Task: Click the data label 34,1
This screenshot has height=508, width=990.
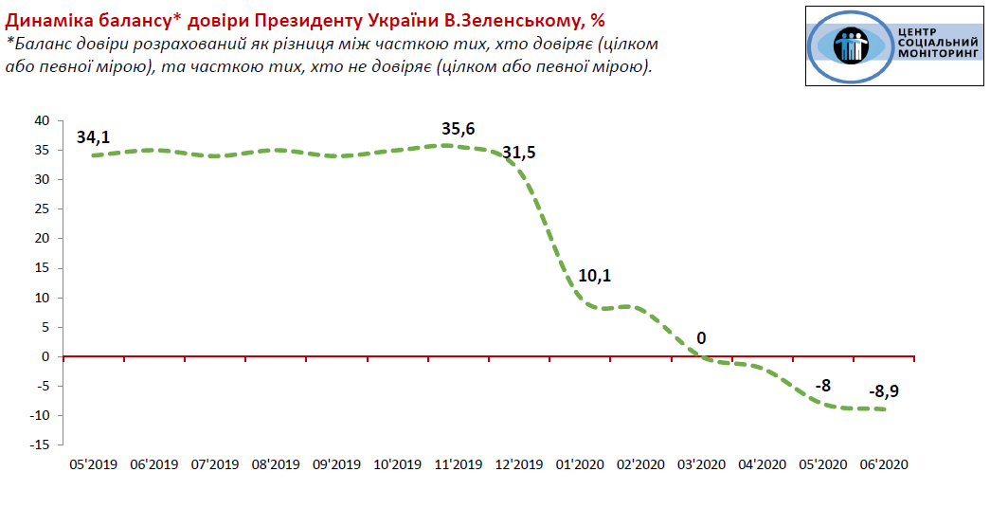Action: (93, 137)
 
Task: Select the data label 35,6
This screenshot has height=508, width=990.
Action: (458, 129)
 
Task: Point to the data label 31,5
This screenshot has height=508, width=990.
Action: (519, 153)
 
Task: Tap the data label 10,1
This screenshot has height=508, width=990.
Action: (595, 277)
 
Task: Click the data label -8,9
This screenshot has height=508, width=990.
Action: (885, 391)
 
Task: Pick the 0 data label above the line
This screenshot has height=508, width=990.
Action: (701, 338)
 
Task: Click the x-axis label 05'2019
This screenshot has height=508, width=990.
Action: (93, 464)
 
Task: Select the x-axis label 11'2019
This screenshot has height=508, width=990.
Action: (458, 464)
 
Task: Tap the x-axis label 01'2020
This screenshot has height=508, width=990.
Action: (580, 464)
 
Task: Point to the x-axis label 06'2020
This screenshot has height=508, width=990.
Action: (884, 464)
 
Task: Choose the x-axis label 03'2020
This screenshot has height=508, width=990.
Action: (701, 464)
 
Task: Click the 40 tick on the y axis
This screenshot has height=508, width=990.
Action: (42, 120)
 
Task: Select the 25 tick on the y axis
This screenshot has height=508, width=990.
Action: (42, 209)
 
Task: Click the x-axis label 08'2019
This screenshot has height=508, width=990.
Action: (275, 464)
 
